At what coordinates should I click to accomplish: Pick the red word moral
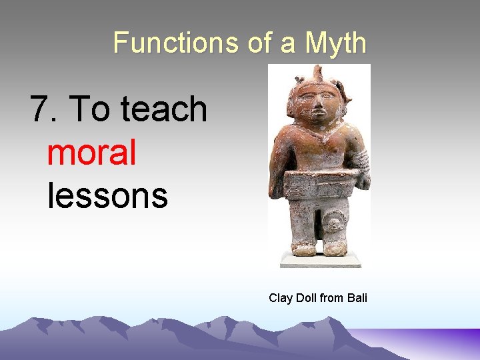click(x=92, y=153)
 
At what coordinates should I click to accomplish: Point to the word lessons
click(x=107, y=195)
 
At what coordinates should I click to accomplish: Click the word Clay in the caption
click(x=281, y=298)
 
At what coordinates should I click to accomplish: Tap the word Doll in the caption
click(x=306, y=298)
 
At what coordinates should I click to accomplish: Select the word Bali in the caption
click(x=357, y=298)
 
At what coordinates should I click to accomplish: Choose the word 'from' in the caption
click(x=332, y=298)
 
